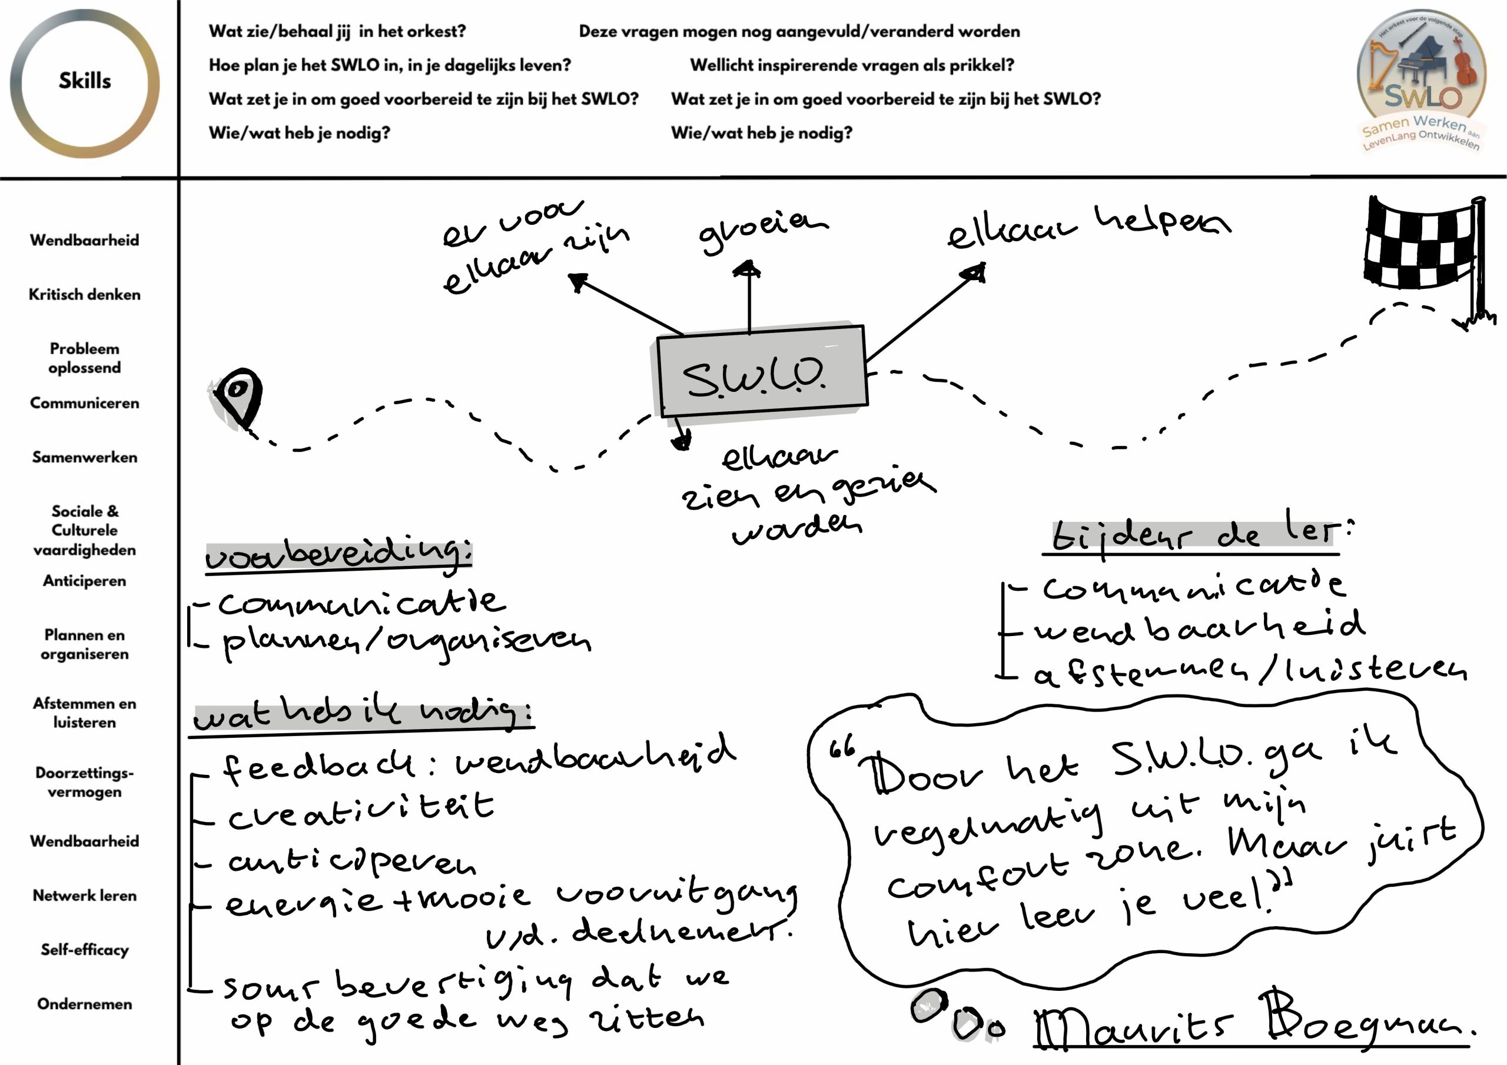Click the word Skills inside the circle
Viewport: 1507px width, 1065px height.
click(x=85, y=81)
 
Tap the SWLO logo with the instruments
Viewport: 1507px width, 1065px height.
click(x=1421, y=80)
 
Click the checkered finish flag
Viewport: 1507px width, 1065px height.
click(x=1421, y=246)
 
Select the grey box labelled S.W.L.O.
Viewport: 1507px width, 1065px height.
click(x=762, y=372)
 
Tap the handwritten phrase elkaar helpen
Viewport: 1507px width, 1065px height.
click(x=1089, y=227)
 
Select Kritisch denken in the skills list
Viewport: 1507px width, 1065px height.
click(x=85, y=295)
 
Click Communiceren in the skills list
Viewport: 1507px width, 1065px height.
click(x=85, y=403)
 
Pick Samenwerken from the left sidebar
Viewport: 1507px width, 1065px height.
click(x=85, y=457)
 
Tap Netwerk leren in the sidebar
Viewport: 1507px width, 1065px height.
click(x=85, y=896)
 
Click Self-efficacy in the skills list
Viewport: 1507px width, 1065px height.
click(x=85, y=950)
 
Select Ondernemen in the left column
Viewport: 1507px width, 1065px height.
click(x=85, y=1004)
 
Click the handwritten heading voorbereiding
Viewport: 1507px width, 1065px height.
click(x=338, y=555)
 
